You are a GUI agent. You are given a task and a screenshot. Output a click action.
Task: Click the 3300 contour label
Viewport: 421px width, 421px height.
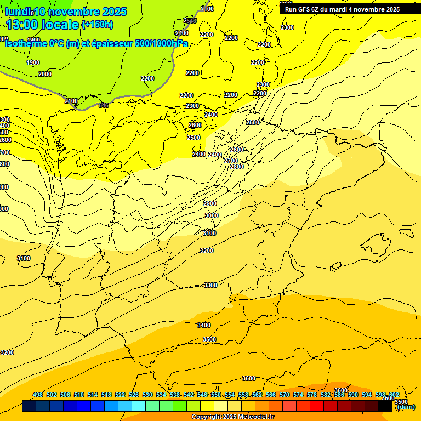pos(210,285)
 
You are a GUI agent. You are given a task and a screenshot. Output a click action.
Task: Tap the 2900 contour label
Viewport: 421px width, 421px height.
pos(210,203)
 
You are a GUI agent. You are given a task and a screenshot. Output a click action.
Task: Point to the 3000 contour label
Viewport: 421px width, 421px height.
pos(212,215)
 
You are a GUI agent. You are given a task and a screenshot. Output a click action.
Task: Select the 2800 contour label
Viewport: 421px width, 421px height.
pos(237,167)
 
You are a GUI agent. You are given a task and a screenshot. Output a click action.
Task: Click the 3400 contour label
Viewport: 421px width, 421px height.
pos(204,325)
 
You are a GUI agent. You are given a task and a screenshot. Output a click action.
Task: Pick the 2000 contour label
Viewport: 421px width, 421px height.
pos(45,74)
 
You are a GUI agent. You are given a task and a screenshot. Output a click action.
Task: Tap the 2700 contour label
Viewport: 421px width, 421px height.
pos(231,161)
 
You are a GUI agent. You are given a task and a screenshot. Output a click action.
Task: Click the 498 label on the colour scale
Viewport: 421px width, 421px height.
pos(38,395)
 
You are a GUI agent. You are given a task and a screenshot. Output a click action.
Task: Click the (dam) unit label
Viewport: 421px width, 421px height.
pos(406,407)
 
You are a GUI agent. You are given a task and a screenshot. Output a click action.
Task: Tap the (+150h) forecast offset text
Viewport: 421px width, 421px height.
pos(97,24)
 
